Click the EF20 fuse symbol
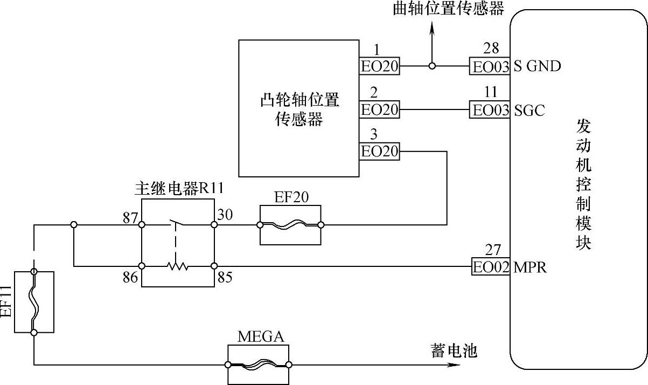pos(290,225)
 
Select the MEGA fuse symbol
pos(259,365)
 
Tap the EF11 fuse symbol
pos(34,302)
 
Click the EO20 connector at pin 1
pos(379,66)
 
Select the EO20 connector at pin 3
pos(379,152)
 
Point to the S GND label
pos(537,66)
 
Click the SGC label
pos(529,111)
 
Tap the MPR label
pos(530,267)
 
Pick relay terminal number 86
pos(130,279)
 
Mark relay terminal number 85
pos(225,278)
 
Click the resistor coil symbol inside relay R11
pos(177,266)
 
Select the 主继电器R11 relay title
pos(177,189)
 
